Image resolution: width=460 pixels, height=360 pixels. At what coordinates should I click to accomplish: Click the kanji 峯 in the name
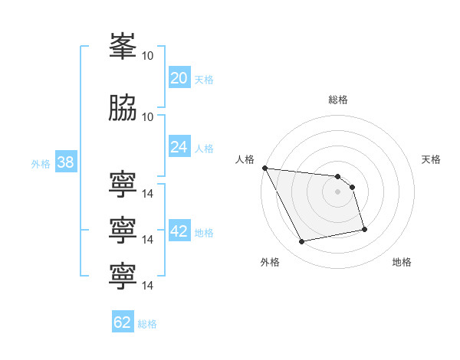[123, 46]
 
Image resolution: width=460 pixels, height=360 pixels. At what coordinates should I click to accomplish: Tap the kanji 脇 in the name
[123, 107]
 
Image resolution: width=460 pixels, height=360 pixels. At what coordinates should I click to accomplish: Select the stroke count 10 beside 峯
[147, 56]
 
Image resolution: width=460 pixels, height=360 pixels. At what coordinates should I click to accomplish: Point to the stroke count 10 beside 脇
[147, 117]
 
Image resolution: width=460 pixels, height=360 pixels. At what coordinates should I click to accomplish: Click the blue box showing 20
[179, 77]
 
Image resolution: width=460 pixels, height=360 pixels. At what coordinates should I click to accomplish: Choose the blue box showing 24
[179, 146]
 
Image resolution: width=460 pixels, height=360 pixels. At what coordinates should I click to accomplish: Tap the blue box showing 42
[179, 230]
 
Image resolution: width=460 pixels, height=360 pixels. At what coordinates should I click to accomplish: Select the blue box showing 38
[66, 161]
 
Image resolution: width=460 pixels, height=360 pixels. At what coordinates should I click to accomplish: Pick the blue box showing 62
[123, 321]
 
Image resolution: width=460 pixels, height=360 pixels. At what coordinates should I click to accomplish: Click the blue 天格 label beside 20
[204, 80]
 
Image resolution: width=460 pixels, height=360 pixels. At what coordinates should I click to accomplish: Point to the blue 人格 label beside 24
[204, 149]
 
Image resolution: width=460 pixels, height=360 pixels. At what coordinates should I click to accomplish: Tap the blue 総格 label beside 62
[147, 324]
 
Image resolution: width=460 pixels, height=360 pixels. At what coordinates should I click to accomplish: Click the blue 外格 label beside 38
[41, 164]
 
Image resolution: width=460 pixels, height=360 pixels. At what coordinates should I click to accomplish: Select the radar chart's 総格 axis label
[338, 100]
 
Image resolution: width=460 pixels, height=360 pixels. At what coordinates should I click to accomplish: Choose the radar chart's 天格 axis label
[431, 159]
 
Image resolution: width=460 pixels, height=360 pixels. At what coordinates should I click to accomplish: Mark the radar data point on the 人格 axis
[265, 168]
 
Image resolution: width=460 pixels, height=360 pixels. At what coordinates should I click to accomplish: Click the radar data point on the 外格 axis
[301, 241]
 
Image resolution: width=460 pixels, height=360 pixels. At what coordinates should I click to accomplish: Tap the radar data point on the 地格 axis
[364, 229]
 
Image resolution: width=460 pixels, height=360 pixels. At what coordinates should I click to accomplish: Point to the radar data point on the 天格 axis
[353, 187]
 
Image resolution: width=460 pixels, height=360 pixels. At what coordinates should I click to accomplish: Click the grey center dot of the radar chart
[337, 191]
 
